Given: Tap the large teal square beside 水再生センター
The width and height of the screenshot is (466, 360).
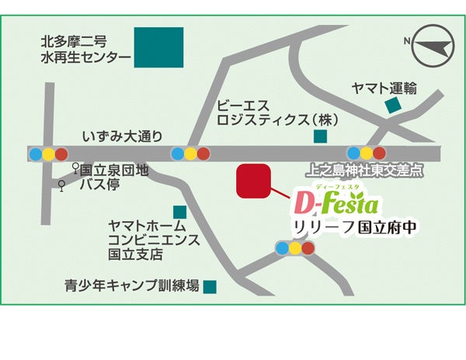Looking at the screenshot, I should click(158, 48).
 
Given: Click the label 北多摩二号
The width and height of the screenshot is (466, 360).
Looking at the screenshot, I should click(74, 41).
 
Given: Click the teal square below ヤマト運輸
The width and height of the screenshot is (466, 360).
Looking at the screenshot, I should click(394, 105).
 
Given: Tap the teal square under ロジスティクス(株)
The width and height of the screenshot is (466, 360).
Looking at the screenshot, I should click(320, 137).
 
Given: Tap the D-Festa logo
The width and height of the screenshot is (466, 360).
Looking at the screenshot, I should click(336, 204).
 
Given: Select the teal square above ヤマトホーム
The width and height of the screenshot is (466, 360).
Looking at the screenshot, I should click(180, 211).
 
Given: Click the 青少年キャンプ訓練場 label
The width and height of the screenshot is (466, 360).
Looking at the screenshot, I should click(132, 286).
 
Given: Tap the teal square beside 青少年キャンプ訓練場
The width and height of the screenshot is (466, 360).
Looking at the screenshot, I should click(210, 286).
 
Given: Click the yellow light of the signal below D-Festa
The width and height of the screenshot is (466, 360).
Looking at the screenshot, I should click(296, 248).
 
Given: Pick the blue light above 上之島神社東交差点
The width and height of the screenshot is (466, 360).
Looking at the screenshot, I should click(354, 153).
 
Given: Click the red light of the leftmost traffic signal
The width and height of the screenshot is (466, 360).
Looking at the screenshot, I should click(61, 153).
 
